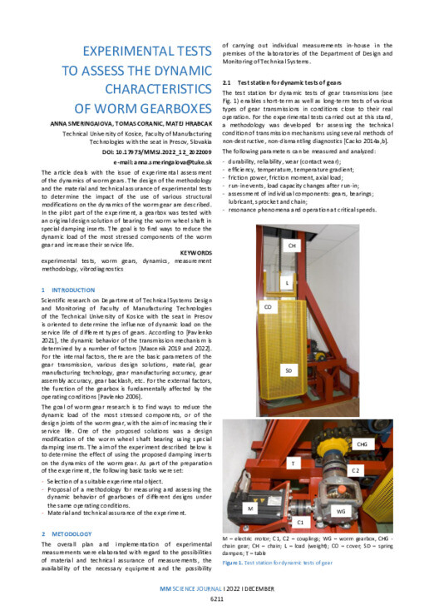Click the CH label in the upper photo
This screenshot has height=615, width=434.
click(292, 247)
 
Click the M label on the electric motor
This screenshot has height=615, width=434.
click(250, 507)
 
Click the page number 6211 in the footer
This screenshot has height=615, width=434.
click(216, 598)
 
